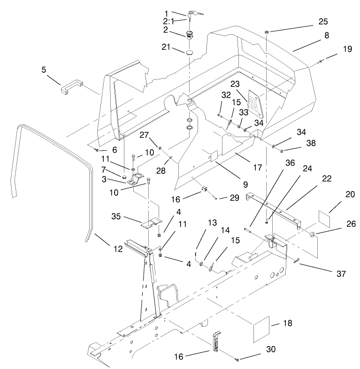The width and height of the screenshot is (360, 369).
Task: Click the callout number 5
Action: click(44, 69)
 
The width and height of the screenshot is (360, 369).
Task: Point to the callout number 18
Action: click(287, 323)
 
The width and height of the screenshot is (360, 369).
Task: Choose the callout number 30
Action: click(257, 349)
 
